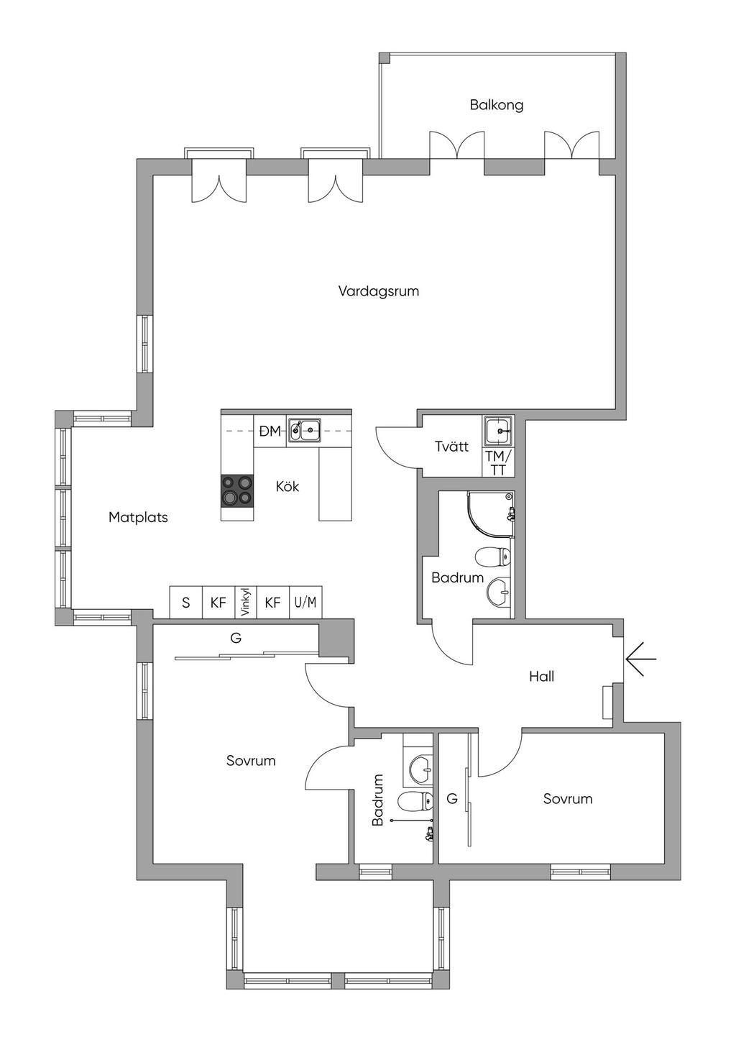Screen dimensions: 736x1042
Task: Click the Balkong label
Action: coord(496,105)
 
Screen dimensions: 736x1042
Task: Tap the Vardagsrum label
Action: coord(379,292)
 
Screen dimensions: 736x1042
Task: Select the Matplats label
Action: coord(138,517)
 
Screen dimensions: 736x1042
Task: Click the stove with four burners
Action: coord(237,490)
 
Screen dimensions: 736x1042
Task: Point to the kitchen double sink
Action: coord(303,429)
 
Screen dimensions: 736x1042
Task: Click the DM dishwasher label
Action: coord(270,431)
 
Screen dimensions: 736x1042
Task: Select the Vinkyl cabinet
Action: coord(246,602)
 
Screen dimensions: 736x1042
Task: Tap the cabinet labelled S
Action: coord(186,602)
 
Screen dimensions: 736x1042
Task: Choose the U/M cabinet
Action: coord(305,602)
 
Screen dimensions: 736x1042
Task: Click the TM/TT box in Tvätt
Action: coord(498,463)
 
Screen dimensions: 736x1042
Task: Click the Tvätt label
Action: coord(451,447)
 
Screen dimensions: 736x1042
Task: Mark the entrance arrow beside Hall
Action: coord(640,659)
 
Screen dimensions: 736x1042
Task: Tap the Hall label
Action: coord(542,677)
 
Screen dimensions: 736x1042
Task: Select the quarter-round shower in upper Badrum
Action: coord(491,514)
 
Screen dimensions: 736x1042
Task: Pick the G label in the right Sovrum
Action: coord(452,799)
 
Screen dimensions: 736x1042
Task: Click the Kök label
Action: coord(287,487)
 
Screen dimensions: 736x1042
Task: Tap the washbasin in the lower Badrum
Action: coord(421,769)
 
